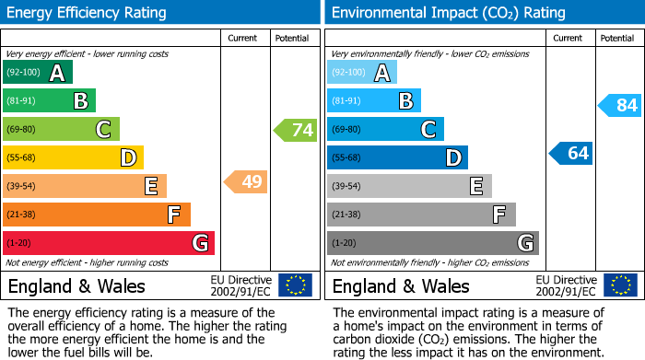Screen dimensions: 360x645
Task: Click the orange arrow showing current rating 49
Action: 246,181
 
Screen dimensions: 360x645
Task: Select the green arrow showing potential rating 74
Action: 296,130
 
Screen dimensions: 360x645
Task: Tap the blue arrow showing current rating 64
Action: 571,153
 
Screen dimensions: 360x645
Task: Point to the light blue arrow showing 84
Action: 620,105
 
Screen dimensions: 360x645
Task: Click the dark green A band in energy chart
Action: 38,74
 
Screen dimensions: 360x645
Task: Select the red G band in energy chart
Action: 109,243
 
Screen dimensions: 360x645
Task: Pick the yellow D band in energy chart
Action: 73,158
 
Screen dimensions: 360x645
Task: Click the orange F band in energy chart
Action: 97,215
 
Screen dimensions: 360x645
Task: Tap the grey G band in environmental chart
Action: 432,243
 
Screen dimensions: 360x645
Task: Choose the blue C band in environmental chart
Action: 385,129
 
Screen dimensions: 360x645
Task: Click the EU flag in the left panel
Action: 295,285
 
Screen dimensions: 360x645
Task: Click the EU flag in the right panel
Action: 620,285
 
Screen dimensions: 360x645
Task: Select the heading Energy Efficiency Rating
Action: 88,13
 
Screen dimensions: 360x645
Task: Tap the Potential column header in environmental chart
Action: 616,38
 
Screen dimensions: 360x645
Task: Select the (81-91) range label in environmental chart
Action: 347,101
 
